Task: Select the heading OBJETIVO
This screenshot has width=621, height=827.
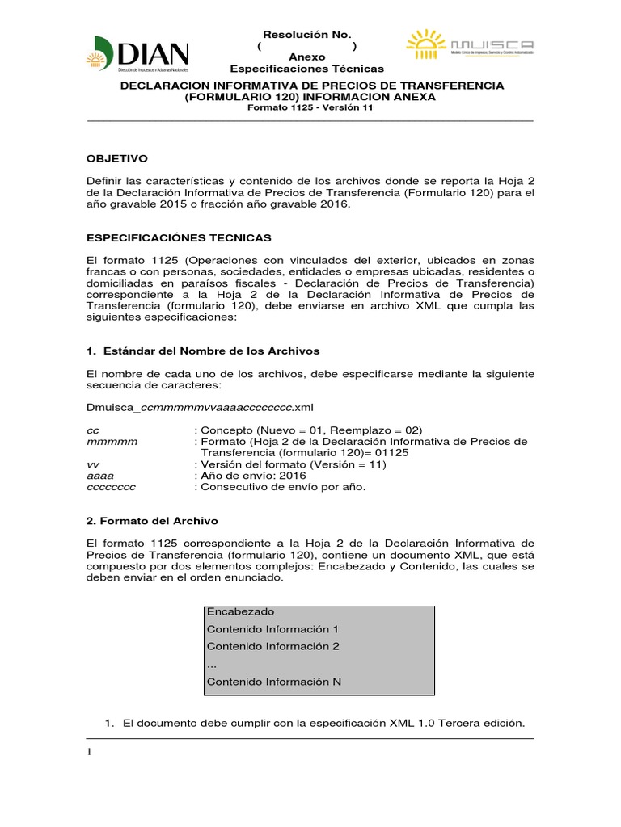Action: pyautogui.click(x=117, y=158)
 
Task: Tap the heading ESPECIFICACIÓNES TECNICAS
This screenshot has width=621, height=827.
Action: pyautogui.click(x=179, y=239)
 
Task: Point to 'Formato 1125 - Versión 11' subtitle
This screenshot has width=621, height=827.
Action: pyautogui.click(x=310, y=109)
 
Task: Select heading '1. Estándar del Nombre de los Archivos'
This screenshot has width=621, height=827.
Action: pyautogui.click(x=203, y=351)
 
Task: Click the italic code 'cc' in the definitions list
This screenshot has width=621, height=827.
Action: pyautogui.click(x=92, y=430)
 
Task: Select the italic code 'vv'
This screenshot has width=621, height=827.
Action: pyautogui.click(x=92, y=464)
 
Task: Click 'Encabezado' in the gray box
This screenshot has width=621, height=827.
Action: pyautogui.click(x=240, y=611)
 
